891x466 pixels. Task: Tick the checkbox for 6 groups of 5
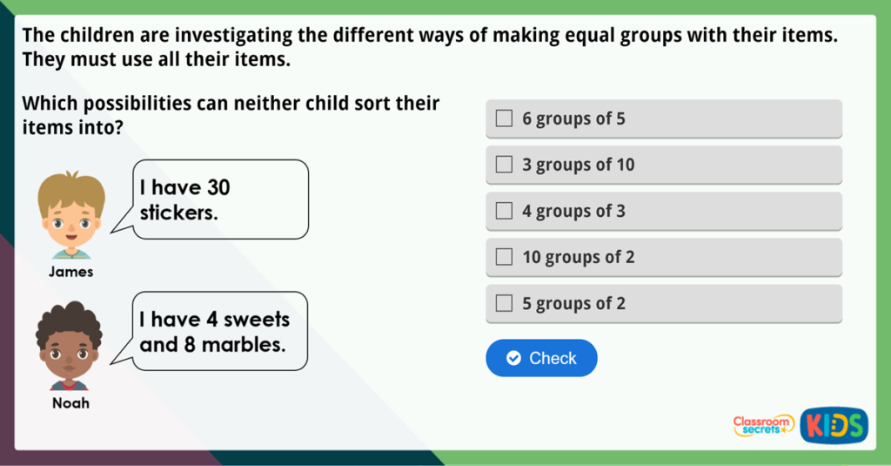tap(504, 118)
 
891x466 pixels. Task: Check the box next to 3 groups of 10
tap(504, 165)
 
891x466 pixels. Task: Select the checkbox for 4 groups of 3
tap(504, 211)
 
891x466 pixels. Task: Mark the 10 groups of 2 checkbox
tap(504, 257)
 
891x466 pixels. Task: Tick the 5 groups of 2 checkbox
tap(504, 303)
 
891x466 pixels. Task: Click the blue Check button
tap(541, 358)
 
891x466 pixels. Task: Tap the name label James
tap(71, 272)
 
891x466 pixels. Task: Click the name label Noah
tap(70, 403)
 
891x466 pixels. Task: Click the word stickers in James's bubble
tap(178, 212)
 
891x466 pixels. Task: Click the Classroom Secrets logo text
tap(763, 424)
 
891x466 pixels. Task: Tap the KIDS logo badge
tap(834, 424)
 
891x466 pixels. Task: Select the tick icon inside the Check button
tap(513, 358)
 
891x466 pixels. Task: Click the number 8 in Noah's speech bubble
tap(190, 344)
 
